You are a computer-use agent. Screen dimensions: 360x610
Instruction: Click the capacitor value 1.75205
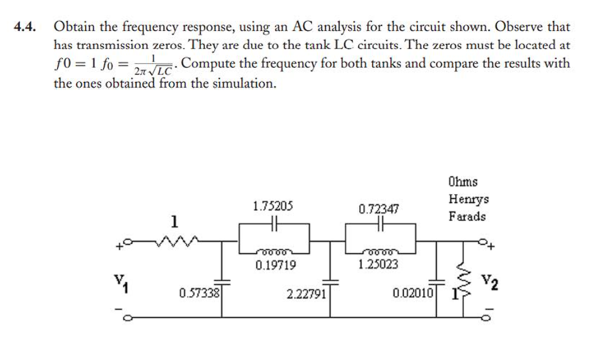pyautogui.click(x=273, y=206)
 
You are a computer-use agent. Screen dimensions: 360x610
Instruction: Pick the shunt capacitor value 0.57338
pyautogui.click(x=198, y=293)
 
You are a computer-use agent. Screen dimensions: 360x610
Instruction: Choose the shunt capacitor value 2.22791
pyautogui.click(x=306, y=293)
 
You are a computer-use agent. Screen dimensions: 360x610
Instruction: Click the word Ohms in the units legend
pyautogui.click(x=462, y=182)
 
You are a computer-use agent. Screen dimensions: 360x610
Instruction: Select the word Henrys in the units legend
pyautogui.click(x=467, y=199)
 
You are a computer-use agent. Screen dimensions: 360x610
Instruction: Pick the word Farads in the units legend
pyautogui.click(x=467, y=217)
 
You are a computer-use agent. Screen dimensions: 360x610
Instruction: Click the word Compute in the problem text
pyautogui.click(x=209, y=63)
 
